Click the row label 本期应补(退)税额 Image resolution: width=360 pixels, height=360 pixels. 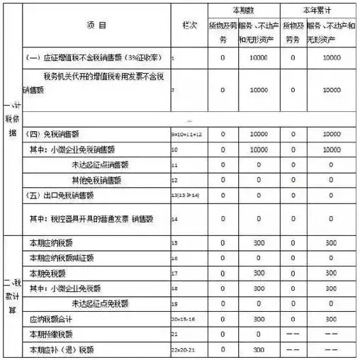[57, 350]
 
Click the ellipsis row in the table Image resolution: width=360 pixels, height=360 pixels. [189, 119]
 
